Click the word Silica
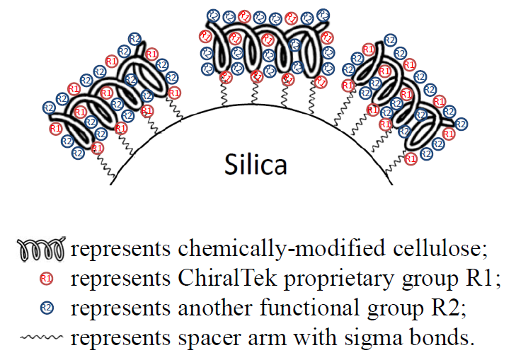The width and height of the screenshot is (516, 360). click(x=256, y=163)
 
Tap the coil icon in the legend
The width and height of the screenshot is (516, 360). click(x=42, y=249)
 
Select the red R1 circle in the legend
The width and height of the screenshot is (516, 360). click(x=47, y=279)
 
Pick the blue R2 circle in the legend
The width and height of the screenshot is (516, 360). click(x=47, y=308)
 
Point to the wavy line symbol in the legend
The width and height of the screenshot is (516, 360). click(x=41, y=337)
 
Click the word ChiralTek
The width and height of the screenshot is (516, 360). click(x=228, y=278)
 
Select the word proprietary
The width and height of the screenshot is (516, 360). click(x=339, y=280)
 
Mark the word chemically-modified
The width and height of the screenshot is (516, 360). click(x=282, y=250)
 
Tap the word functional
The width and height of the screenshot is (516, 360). click(x=309, y=308)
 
